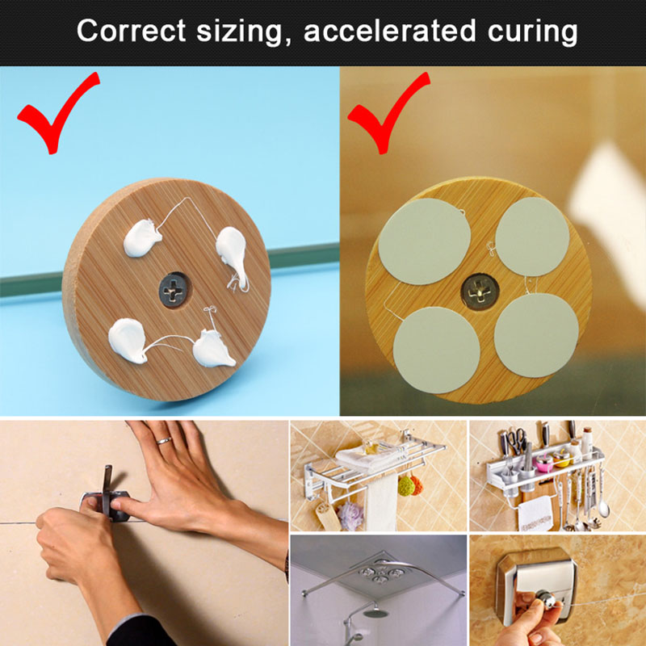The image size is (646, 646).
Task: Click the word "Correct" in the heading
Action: pyautogui.click(x=131, y=31)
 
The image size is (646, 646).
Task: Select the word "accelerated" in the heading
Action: pyautogui.click(x=389, y=31)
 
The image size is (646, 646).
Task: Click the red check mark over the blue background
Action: pyautogui.click(x=58, y=112)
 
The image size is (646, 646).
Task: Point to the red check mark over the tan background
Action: pyautogui.click(x=388, y=112)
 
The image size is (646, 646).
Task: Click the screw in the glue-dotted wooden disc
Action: pyautogui.click(x=174, y=290)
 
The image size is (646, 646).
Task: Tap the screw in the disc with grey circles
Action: pyautogui.click(x=480, y=292)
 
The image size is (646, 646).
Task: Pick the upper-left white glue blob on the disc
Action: pyautogui.click(x=142, y=237)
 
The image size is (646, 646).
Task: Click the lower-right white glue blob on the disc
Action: pyautogui.click(x=213, y=350)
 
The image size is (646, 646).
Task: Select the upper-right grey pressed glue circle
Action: pyautogui.click(x=532, y=237)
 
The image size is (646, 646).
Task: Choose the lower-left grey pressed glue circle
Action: pyautogui.click(x=436, y=350)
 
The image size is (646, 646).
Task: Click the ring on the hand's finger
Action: pyautogui.click(x=164, y=441)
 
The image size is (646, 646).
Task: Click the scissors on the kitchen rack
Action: pyautogui.click(x=516, y=441)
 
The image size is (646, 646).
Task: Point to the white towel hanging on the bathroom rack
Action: pyautogui.click(x=380, y=503)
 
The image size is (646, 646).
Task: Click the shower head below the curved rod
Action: pyautogui.click(x=375, y=613)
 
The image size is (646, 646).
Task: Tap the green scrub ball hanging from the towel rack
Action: pyautogui.click(x=406, y=487)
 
